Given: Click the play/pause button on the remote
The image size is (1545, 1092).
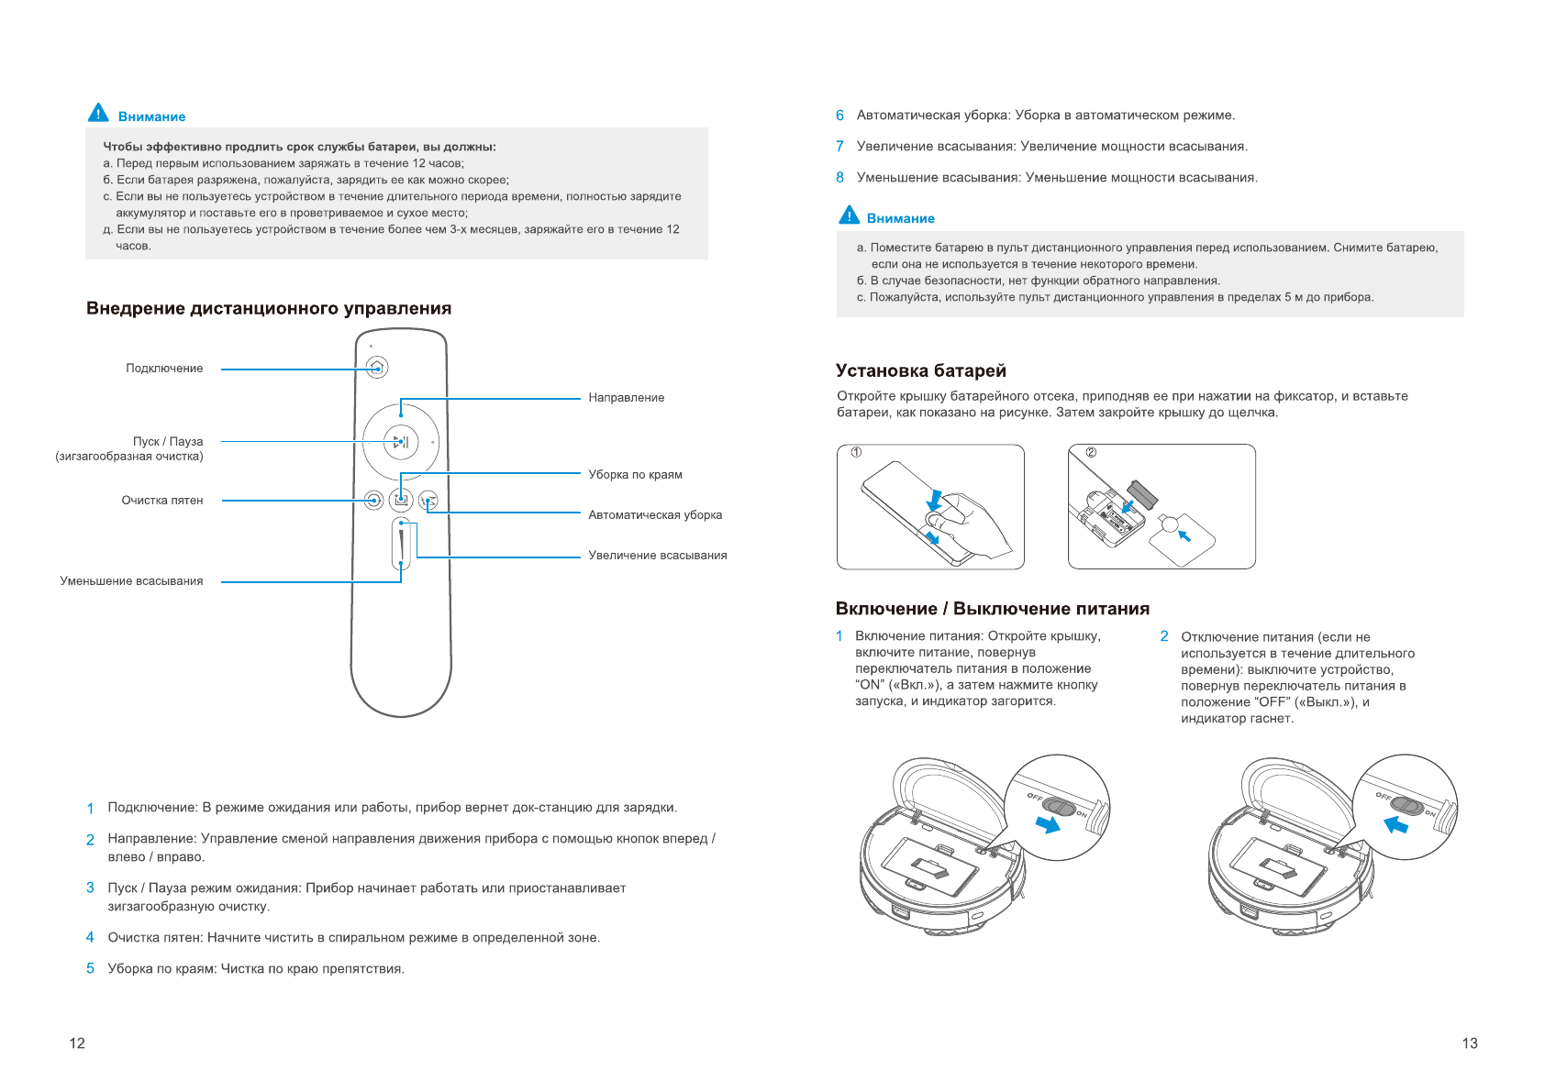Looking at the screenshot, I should click(401, 442).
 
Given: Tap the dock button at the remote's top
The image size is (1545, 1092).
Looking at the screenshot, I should click(376, 368).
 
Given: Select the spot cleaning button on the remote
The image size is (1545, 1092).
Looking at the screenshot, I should click(372, 500).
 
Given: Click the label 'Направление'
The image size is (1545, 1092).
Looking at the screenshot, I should click(626, 398).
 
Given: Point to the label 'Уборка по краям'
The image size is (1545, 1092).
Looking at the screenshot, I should click(635, 475).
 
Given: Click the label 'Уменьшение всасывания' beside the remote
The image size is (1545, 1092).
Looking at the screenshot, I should click(131, 581).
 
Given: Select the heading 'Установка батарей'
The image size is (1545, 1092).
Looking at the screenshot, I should click(920, 370).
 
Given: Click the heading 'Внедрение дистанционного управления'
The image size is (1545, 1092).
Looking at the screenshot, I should click(269, 309).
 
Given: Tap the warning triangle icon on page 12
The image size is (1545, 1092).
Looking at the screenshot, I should click(98, 114).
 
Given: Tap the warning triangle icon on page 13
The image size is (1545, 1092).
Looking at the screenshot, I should click(850, 215).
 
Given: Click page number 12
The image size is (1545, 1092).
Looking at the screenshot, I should click(77, 1043).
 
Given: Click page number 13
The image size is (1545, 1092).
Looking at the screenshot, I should click(1470, 1043).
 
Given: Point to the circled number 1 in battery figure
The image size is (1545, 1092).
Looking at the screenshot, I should click(856, 452).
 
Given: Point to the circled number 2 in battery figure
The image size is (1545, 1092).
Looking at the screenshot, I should click(1091, 452).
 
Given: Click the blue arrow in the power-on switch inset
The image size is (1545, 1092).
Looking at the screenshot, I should click(1048, 824).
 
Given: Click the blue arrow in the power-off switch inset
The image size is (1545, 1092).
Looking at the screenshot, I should click(1395, 824).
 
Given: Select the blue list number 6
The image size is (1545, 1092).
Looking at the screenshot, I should click(839, 116).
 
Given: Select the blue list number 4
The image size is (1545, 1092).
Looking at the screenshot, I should click(90, 937).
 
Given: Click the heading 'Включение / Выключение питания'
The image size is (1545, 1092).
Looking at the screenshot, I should click(992, 609).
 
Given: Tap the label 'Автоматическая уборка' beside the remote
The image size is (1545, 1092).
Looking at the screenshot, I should click(655, 515).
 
